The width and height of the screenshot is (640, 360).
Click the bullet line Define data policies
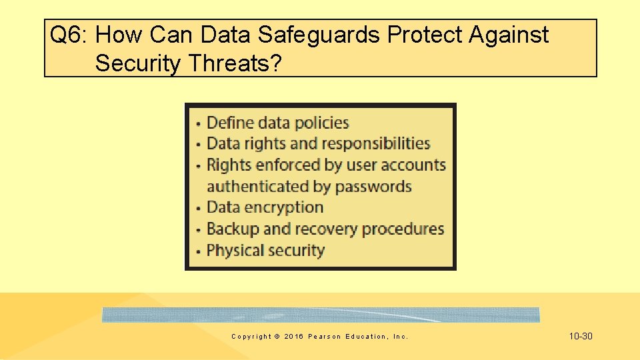pyautogui.click(x=277, y=123)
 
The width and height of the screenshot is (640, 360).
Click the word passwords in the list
pyautogui.click(x=373, y=187)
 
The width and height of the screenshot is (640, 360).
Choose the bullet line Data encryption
pyautogui.click(x=265, y=207)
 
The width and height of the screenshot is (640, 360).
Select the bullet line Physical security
pyautogui.click(x=265, y=251)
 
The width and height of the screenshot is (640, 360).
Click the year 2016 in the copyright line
pyautogui.click(x=293, y=337)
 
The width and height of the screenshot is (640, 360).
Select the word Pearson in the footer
pyautogui.click(x=323, y=337)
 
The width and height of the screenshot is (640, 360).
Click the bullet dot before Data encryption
pyautogui.click(x=198, y=209)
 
